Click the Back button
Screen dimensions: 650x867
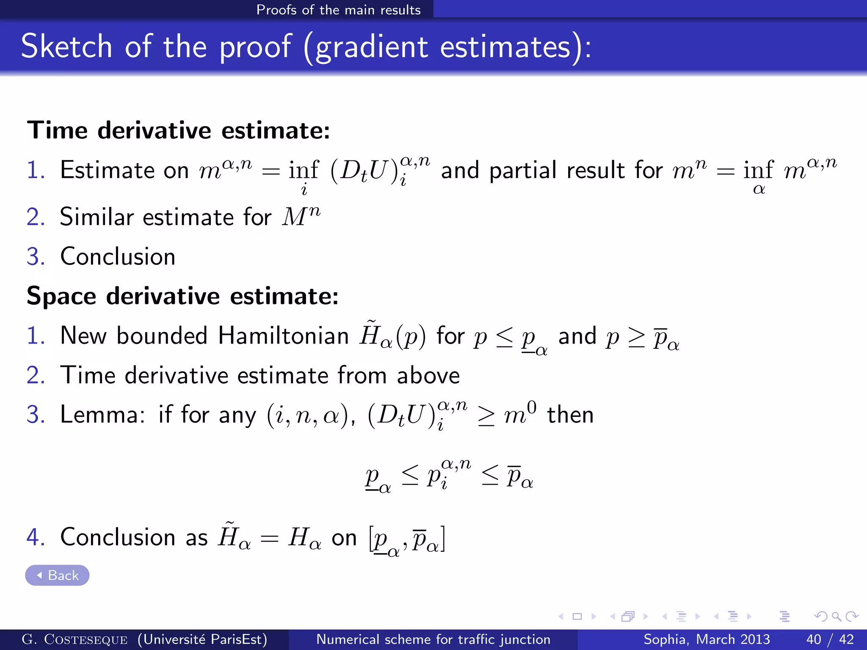[x=57, y=575]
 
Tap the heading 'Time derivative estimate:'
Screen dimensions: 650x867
[x=178, y=130]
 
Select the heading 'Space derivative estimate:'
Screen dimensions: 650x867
[x=182, y=295]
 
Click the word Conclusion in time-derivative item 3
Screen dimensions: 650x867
[x=118, y=256]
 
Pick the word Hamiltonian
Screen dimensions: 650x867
[x=283, y=336]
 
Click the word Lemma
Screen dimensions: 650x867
[x=100, y=414]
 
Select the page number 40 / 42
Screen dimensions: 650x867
[x=830, y=639]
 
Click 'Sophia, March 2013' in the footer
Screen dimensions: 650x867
[x=707, y=639]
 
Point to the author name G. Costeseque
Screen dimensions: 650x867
[x=75, y=639]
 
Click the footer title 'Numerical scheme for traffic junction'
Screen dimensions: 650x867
[x=433, y=639]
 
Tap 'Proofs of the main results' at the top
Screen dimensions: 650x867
[x=338, y=9]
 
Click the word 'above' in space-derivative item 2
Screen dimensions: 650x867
[x=428, y=375]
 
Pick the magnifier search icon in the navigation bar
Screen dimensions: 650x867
[x=836, y=617]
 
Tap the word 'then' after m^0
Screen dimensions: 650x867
[x=570, y=414]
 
